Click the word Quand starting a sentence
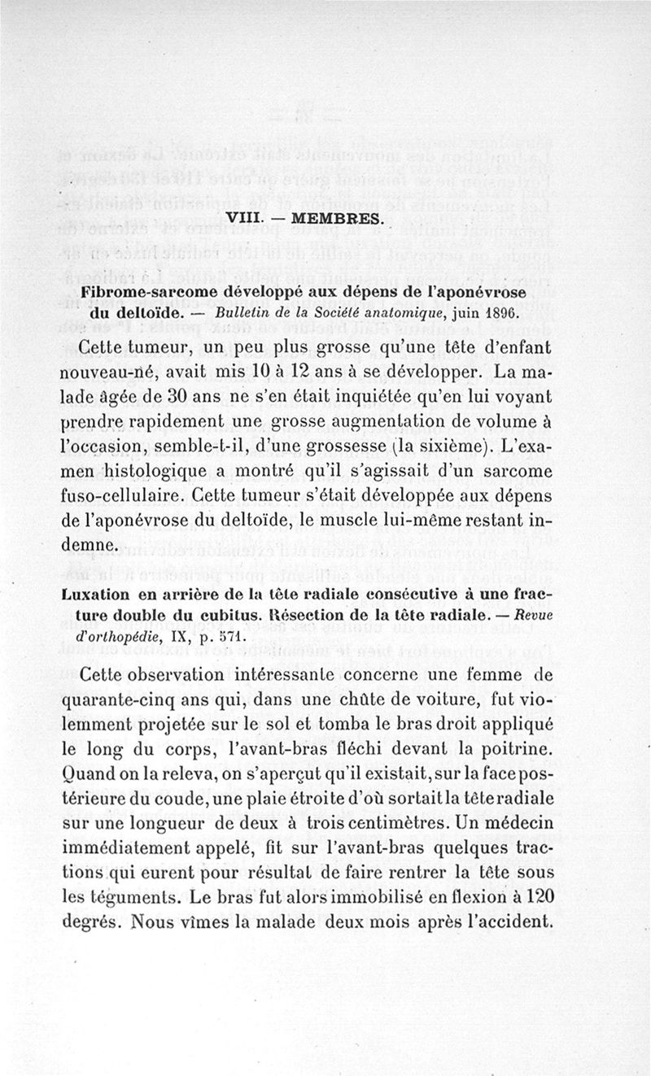click(87, 770)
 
